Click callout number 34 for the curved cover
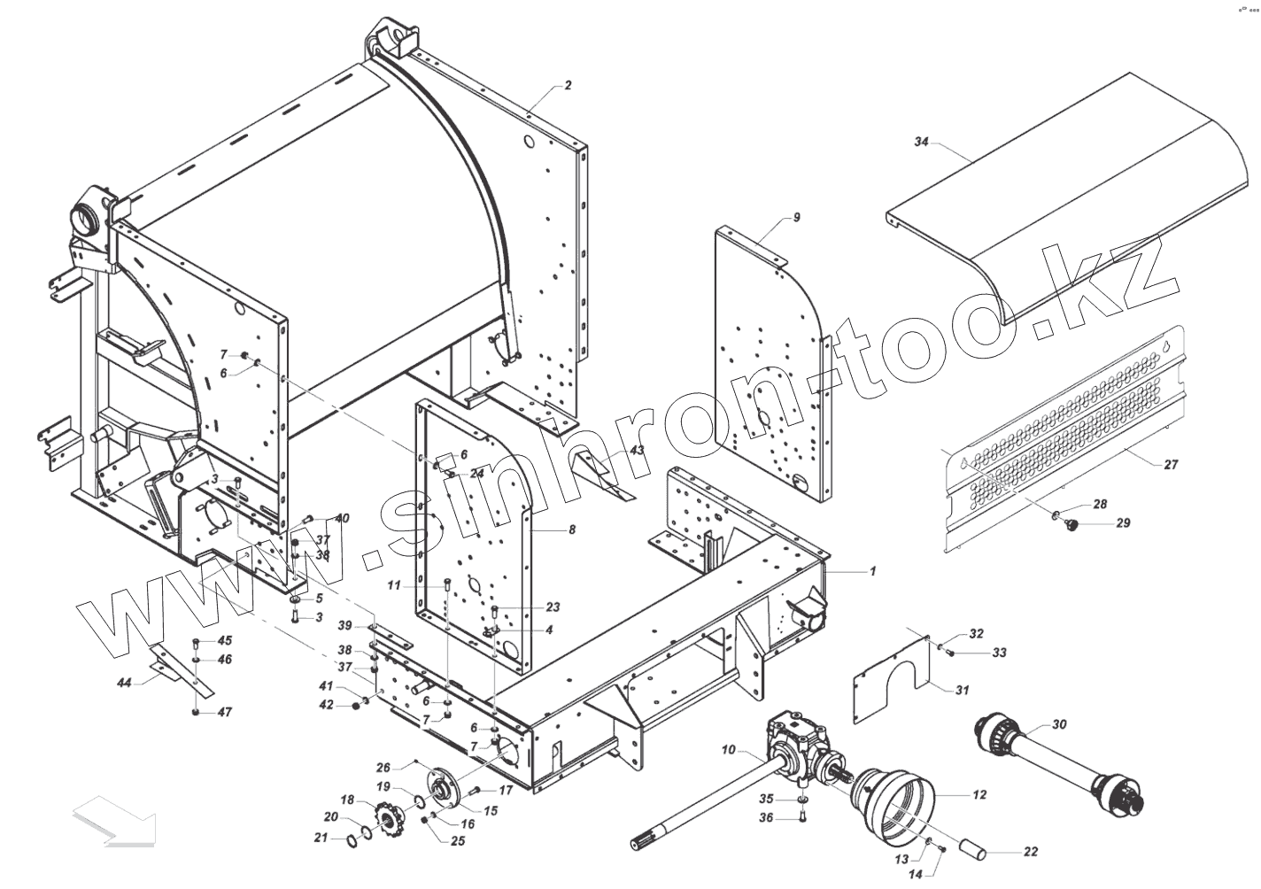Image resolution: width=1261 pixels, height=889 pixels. (x=921, y=142)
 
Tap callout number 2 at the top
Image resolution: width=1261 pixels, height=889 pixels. (x=568, y=86)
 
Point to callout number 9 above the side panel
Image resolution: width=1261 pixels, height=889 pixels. (x=796, y=217)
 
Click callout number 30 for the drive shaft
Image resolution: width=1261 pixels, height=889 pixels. (x=1059, y=724)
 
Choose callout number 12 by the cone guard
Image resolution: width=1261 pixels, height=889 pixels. (x=979, y=795)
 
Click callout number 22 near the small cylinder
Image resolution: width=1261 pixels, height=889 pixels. (x=1031, y=852)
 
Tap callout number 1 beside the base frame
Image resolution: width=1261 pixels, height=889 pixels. (x=872, y=572)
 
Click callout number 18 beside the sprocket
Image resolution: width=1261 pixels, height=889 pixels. (x=347, y=800)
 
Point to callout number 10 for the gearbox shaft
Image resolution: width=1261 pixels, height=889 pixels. (x=728, y=751)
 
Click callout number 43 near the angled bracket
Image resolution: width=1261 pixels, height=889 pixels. (x=637, y=451)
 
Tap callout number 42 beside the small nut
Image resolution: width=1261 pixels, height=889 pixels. (x=326, y=705)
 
